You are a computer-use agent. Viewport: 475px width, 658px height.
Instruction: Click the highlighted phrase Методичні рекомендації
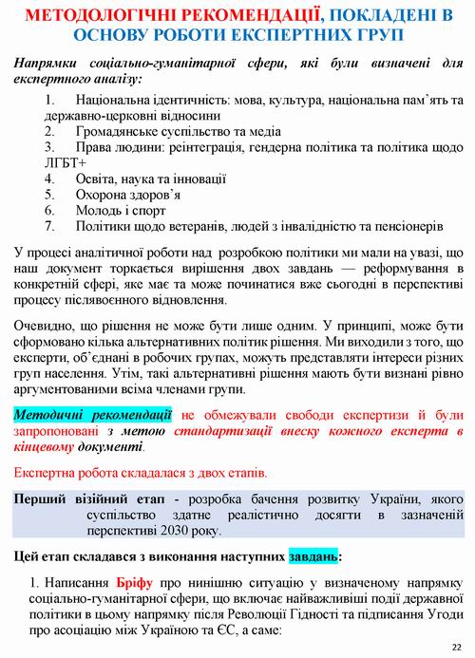click(93, 415)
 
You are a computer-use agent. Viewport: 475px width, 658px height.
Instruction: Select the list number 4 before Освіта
click(49, 177)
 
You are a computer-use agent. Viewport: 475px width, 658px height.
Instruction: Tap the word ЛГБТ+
click(36, 161)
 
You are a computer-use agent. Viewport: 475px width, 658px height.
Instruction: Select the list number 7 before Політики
click(49, 227)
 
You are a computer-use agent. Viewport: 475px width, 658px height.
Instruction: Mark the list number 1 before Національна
click(49, 99)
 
